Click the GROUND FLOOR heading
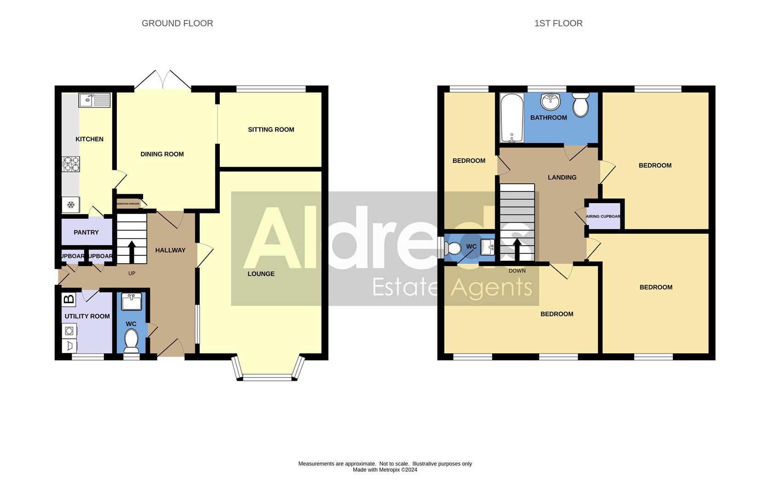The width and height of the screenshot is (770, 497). (x=177, y=23)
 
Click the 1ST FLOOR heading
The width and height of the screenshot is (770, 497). (x=558, y=23)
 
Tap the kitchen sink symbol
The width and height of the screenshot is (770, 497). (x=94, y=100)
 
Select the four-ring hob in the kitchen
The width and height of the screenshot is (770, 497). (x=71, y=164)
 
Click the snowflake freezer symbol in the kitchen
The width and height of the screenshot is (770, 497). (x=71, y=205)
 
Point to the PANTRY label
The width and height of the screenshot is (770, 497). (x=86, y=232)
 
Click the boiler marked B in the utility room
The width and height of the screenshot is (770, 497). (x=69, y=300)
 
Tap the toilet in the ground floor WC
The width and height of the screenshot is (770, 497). (x=131, y=340)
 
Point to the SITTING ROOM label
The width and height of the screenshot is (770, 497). (x=271, y=130)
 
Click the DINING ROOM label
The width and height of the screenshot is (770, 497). (x=162, y=155)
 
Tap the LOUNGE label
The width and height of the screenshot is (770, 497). (x=261, y=274)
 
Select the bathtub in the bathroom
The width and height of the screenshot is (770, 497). (x=511, y=118)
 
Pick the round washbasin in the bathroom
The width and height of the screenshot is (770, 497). (x=550, y=101)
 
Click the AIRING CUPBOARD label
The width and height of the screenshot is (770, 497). (x=603, y=216)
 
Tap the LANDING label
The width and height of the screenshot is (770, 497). (x=562, y=178)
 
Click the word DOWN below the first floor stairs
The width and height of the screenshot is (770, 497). (x=517, y=271)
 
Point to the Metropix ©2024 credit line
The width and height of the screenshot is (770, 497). (x=385, y=470)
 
